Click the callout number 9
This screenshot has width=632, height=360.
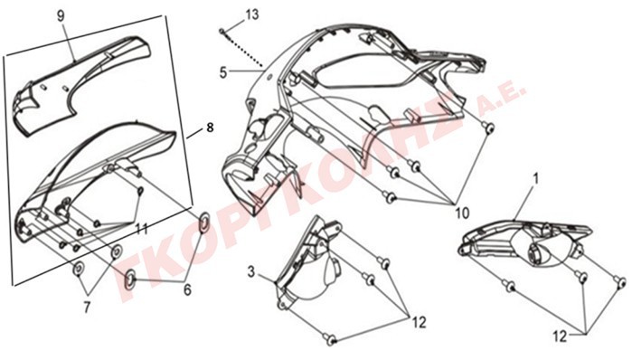[x=61, y=16]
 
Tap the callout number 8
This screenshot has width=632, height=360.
[x=210, y=128]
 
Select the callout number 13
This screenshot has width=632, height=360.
[x=252, y=14]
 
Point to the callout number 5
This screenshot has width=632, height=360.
[x=223, y=72]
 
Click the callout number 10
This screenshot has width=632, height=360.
[x=462, y=213]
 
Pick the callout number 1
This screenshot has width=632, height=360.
[x=535, y=179]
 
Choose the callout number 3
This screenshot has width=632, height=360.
[x=251, y=271]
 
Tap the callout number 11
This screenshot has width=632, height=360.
[x=141, y=230]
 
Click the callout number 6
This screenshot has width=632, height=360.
[x=187, y=289]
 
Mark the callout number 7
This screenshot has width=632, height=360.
[x=87, y=308]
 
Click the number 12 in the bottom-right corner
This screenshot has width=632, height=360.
[x=560, y=336]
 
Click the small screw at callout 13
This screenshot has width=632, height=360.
[x=222, y=31]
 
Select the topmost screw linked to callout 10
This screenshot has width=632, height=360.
[x=489, y=128]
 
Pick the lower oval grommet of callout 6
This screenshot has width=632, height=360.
[x=130, y=279]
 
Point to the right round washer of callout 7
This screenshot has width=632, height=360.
[x=117, y=252]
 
